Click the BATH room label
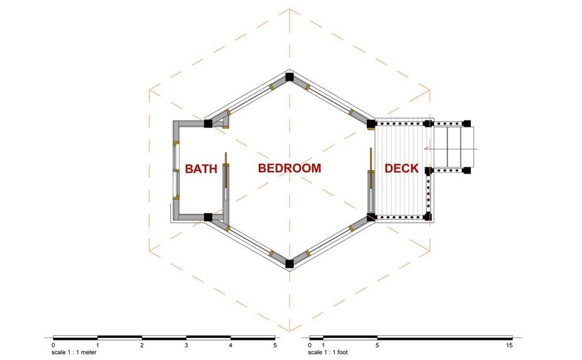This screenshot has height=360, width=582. point(201,169)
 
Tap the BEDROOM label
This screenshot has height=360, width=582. point(289,168)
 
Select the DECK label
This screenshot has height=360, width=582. point(401,169)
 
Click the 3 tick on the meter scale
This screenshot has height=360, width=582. point(186,344)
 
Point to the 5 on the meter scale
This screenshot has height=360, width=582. point(274,344)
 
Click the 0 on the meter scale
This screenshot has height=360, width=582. point(53,344)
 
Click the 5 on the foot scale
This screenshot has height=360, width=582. point(377,344)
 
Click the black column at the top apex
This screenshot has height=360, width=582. point(289,77)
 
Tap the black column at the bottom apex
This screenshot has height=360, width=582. point(289,263)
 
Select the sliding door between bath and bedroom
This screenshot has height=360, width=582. point(224,177)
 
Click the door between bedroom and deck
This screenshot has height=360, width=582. point(370,179)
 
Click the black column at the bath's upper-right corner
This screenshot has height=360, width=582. point(208,123)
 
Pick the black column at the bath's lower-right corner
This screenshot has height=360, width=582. point(208,217)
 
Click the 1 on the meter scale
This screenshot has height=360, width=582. point(98,344)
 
